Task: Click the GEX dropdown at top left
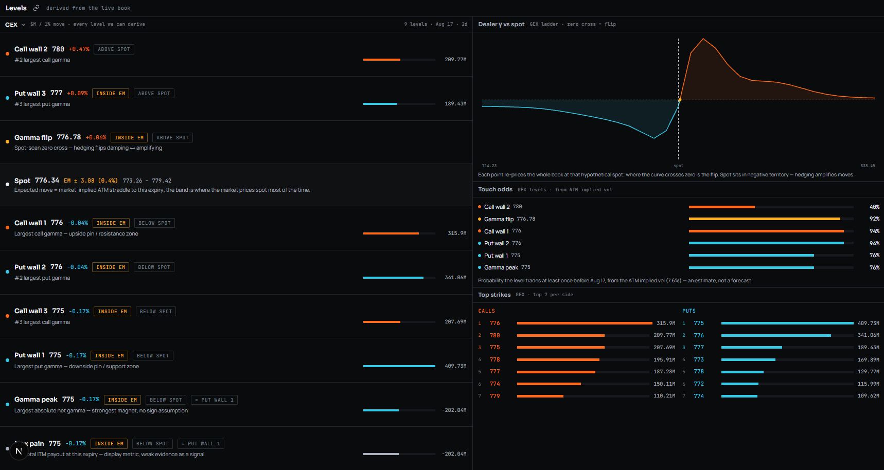[x=15, y=25]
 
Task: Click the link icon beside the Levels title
[x=36, y=8]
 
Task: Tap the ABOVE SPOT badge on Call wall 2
[x=114, y=49]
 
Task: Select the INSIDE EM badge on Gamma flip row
[x=129, y=138]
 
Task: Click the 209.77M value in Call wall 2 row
[x=455, y=60]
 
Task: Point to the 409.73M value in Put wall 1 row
[x=455, y=366]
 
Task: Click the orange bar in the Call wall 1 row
[x=391, y=233]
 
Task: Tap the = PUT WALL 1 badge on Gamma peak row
[x=215, y=400]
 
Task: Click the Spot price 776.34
[x=47, y=180]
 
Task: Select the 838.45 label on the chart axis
[x=868, y=166]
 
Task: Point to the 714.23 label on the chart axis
[x=489, y=166]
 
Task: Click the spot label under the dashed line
[x=679, y=166]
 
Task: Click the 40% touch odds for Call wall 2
[x=874, y=207]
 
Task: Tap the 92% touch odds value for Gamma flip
[x=874, y=219]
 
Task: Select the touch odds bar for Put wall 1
[x=751, y=256]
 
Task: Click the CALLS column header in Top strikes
[x=486, y=311]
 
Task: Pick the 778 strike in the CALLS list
[x=494, y=360]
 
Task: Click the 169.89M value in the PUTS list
[x=869, y=360]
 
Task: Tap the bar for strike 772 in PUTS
[x=740, y=384]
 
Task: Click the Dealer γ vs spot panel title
[x=501, y=24]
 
